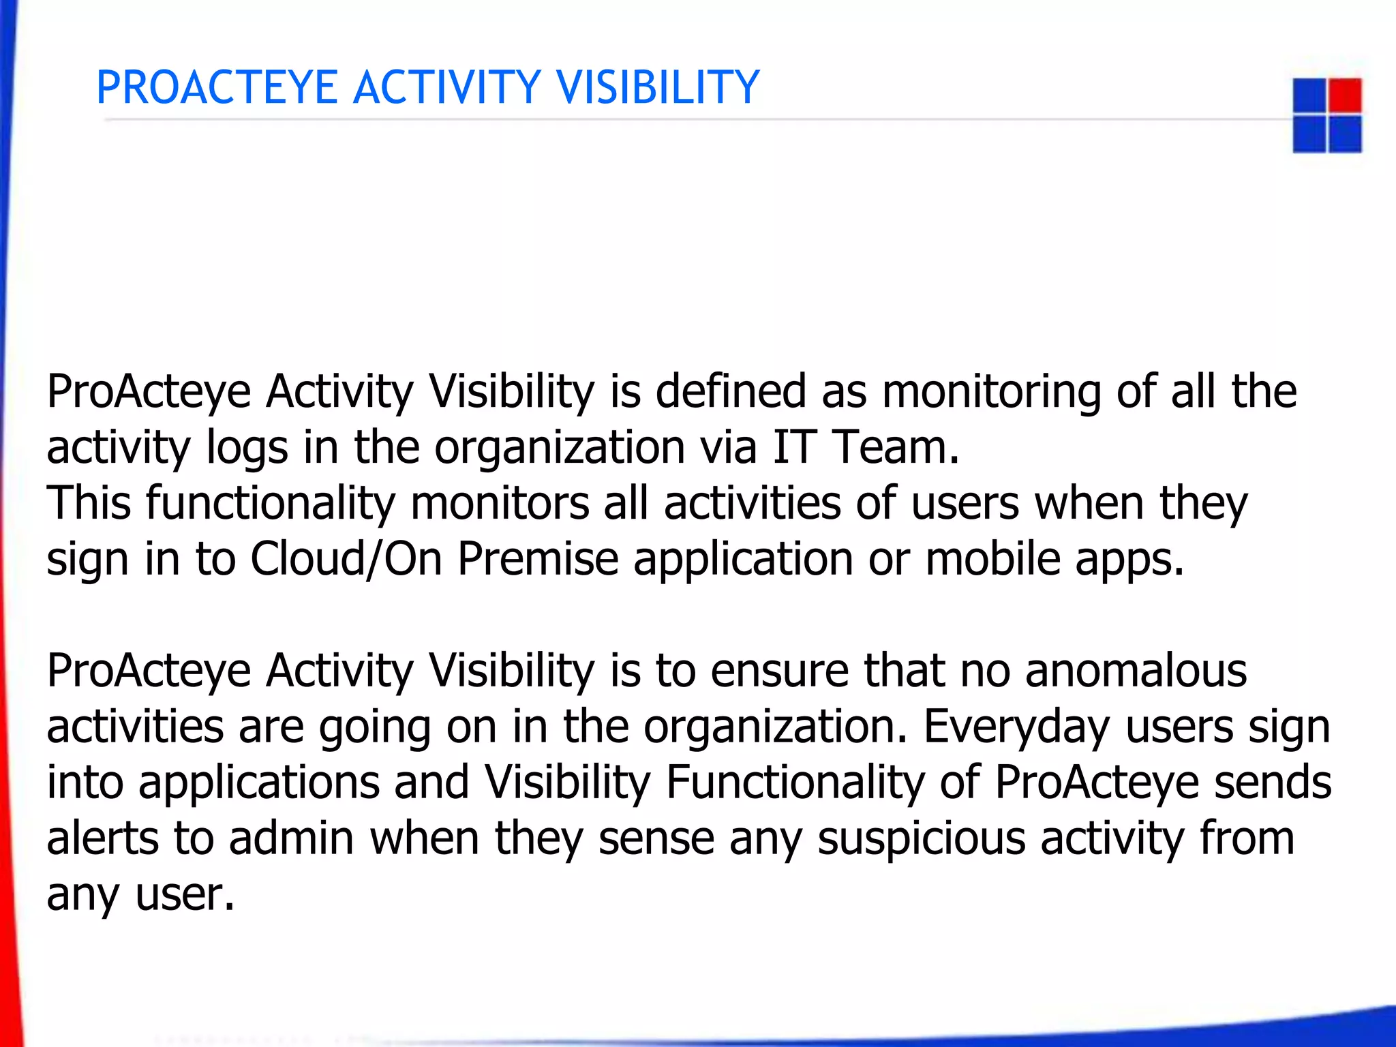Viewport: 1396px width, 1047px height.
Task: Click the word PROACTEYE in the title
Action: coord(217,88)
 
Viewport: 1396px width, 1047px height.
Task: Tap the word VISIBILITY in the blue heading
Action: coord(657,88)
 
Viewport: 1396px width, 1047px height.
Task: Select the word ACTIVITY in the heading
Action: coord(446,88)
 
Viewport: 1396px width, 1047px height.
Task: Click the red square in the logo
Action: coord(1345,95)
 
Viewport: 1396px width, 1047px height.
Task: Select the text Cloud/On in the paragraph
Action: coord(346,560)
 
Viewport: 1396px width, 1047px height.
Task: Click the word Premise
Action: coord(538,560)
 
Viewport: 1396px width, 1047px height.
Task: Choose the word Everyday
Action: coord(1016,727)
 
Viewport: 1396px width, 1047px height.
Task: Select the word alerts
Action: coord(102,838)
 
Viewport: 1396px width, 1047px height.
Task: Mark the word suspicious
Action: coord(921,838)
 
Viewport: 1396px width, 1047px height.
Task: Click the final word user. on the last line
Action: coord(185,896)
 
